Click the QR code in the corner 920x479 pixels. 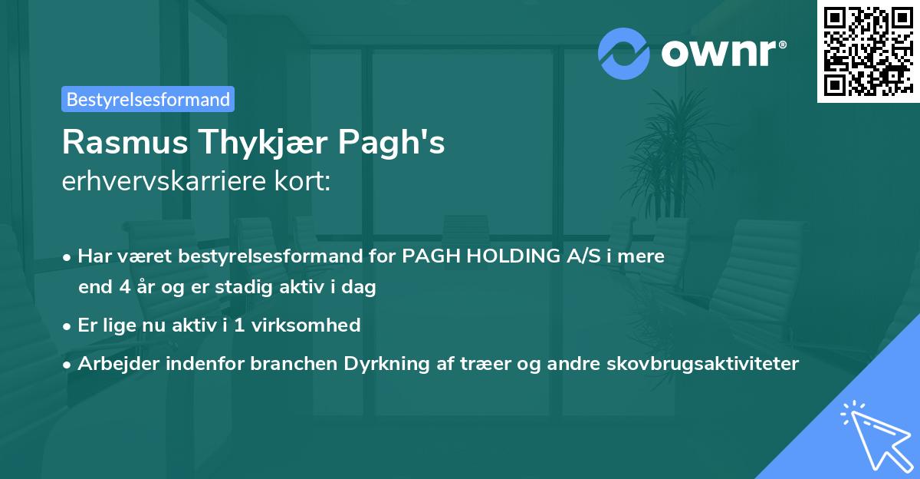[868, 51]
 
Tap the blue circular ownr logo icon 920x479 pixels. [624, 53]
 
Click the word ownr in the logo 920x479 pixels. [718, 53]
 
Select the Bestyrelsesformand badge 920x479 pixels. [148, 99]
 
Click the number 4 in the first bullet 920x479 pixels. [123, 288]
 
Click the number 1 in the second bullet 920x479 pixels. [238, 325]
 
